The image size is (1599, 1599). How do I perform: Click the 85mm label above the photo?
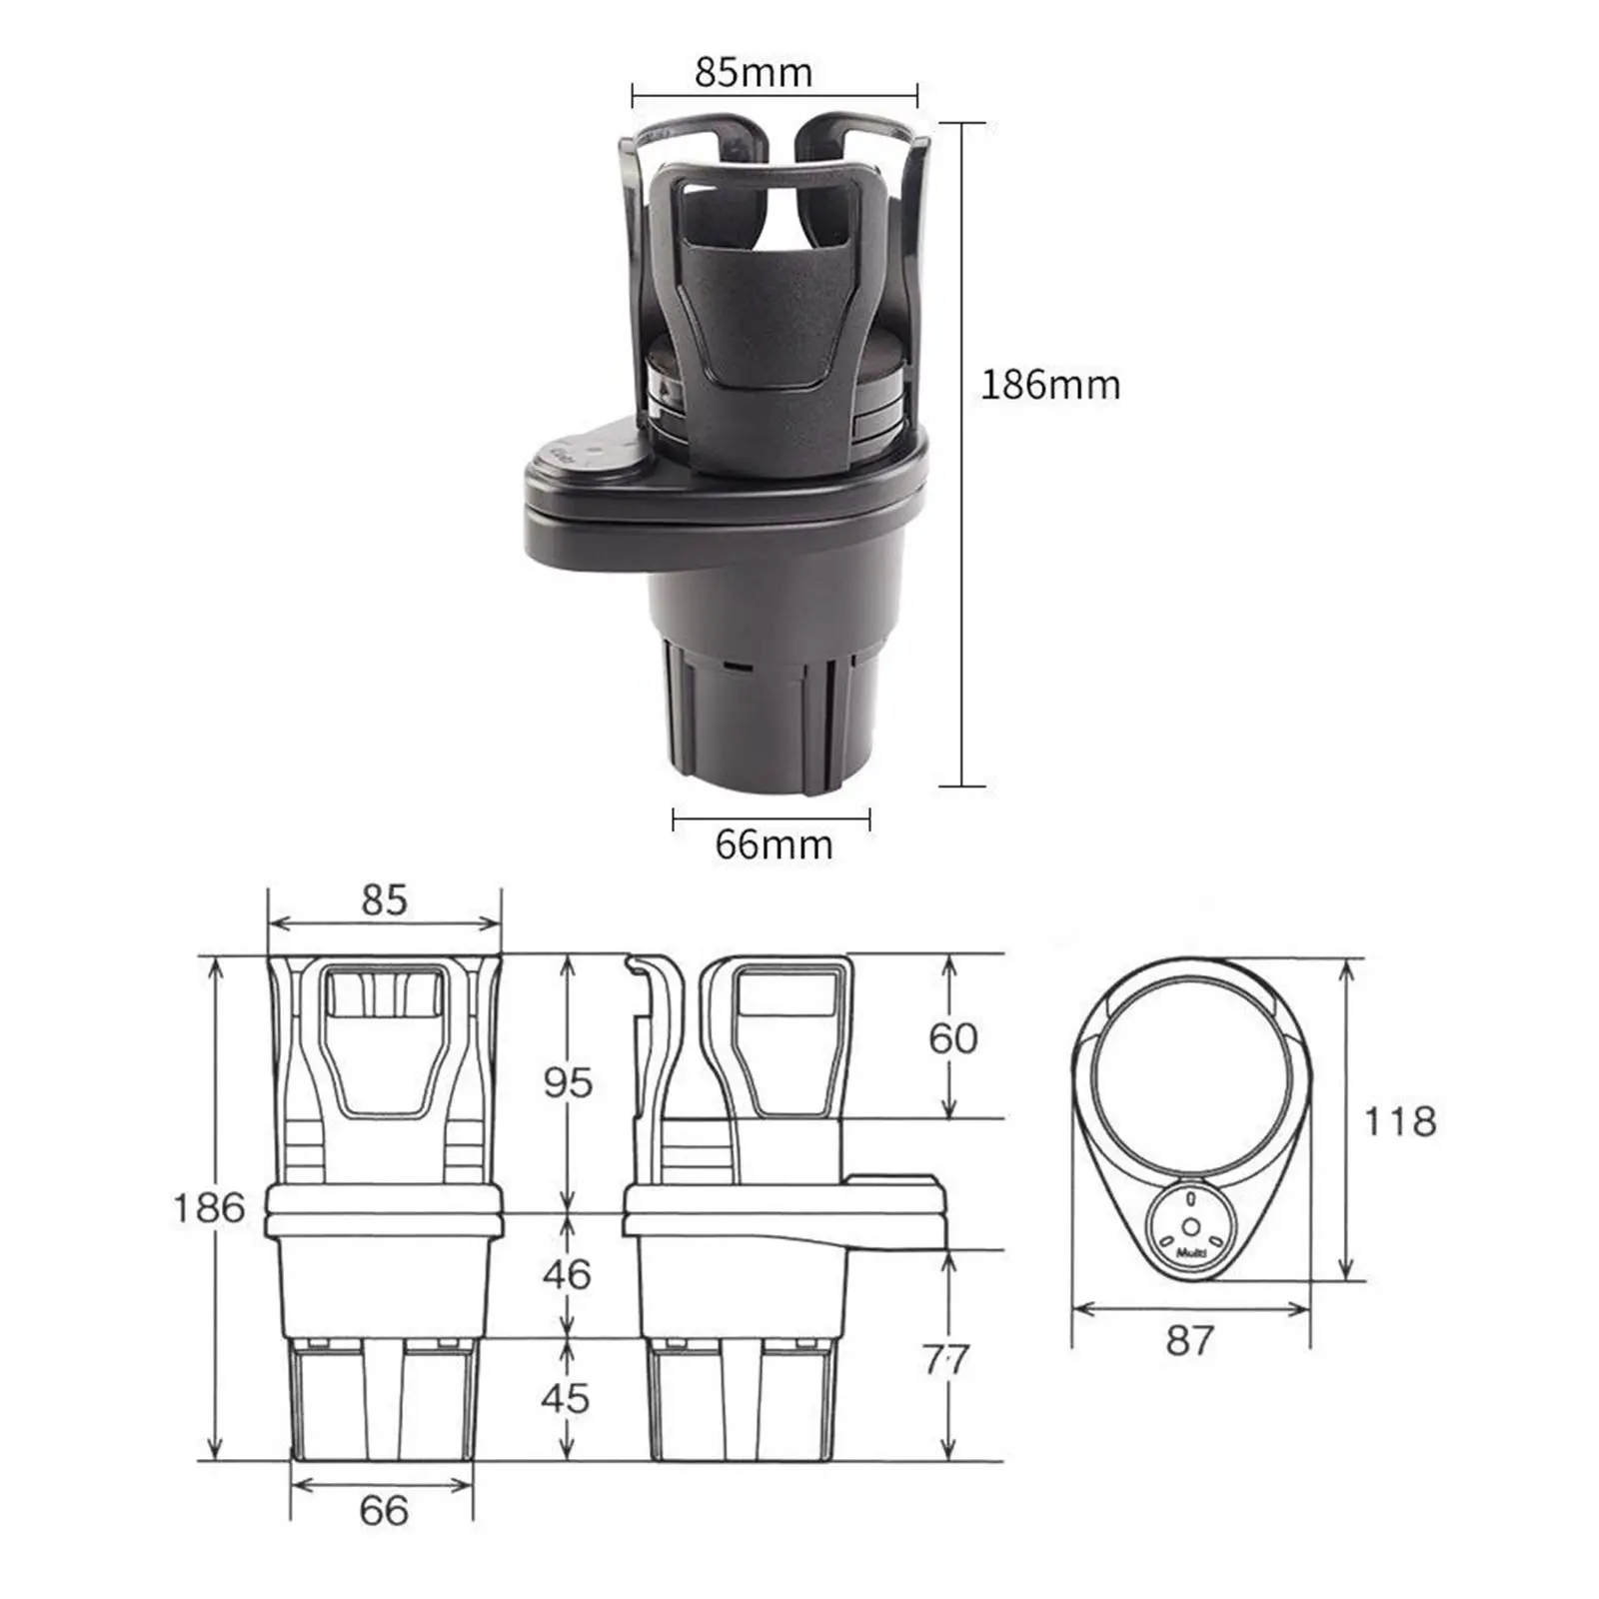pos(755,72)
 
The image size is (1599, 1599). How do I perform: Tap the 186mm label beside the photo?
pos(1050,385)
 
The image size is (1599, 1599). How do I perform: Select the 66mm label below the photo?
pos(774,844)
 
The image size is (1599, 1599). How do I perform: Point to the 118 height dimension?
pos(1400,1121)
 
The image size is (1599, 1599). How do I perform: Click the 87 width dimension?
pos(1189,1340)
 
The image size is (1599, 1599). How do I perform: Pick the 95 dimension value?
pos(568,1082)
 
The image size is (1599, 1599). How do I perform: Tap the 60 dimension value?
pos(952,1038)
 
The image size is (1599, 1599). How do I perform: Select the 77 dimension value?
pos(945,1358)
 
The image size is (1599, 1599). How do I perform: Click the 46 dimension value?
pos(567,1274)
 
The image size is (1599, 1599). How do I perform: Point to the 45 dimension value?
pos(566,1398)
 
